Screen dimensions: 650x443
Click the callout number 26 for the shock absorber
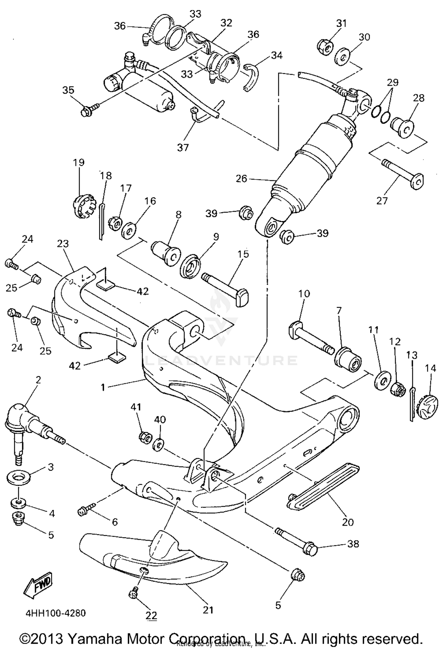point(241,179)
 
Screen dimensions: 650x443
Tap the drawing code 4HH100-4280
point(56,613)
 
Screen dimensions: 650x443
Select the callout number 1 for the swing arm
point(103,387)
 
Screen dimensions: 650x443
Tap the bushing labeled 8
point(166,254)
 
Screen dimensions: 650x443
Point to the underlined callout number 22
point(151,615)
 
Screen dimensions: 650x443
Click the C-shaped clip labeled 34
point(251,77)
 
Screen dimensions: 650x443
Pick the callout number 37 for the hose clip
point(183,147)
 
